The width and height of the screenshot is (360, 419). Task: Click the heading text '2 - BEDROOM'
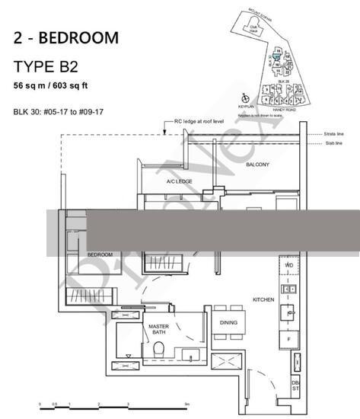point(65,37)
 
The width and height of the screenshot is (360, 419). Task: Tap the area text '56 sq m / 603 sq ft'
point(56,85)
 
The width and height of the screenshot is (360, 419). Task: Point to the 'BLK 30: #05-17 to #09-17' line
point(61,112)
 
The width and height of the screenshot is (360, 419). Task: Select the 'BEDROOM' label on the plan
point(100,254)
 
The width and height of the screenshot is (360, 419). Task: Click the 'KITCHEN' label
point(263,300)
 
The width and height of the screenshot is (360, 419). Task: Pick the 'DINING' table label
point(228,323)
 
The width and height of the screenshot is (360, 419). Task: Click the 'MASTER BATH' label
point(158,329)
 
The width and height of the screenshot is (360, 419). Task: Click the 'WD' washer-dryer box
point(289,265)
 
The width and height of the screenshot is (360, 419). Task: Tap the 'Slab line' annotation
point(330,144)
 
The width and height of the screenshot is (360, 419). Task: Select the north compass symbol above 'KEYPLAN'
point(244,97)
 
